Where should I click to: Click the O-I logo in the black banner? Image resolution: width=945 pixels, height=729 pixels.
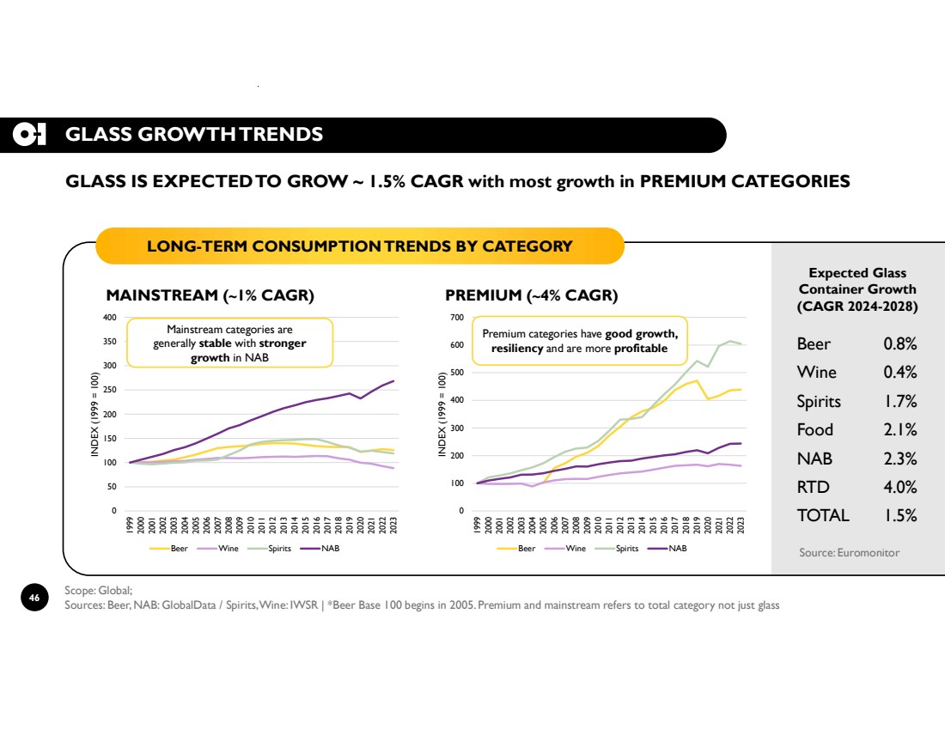[x=29, y=134]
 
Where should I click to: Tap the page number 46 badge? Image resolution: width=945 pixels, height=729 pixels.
[x=34, y=598]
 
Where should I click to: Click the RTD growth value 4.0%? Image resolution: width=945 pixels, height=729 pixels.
[x=899, y=487]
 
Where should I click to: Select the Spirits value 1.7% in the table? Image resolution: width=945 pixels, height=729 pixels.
[x=899, y=401]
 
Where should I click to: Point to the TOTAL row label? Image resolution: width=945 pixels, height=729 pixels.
[x=823, y=515]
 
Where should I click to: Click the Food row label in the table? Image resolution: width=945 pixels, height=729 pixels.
[x=815, y=429]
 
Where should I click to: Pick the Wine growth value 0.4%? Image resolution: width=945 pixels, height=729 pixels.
[x=899, y=372]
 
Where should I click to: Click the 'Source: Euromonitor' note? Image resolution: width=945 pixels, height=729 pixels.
[x=849, y=552]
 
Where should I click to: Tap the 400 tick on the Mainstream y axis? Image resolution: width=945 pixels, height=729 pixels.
[x=109, y=318]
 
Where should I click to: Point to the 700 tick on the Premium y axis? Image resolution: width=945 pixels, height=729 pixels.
[x=457, y=318]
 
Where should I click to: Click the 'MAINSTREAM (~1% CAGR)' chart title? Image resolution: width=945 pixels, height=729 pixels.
[x=210, y=295]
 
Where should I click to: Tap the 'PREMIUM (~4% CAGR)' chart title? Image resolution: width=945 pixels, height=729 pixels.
[x=531, y=295]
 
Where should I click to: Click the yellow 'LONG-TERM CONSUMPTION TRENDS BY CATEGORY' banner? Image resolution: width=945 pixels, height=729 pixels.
[x=359, y=246]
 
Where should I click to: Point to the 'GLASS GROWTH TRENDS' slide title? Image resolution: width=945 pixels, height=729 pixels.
[x=194, y=134]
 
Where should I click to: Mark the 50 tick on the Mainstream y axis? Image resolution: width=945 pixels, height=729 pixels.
[x=112, y=487]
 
